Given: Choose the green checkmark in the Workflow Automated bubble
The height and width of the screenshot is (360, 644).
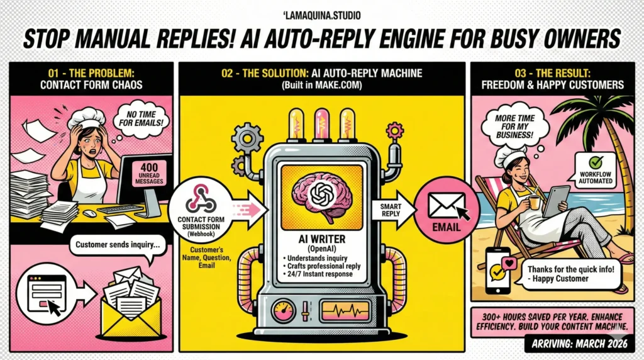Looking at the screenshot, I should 595,162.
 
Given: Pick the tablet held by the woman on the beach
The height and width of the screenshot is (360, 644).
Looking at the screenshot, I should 557,200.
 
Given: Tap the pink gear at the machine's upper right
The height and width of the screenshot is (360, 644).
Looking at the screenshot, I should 396,131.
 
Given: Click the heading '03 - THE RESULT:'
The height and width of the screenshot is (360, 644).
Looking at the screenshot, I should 550,72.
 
